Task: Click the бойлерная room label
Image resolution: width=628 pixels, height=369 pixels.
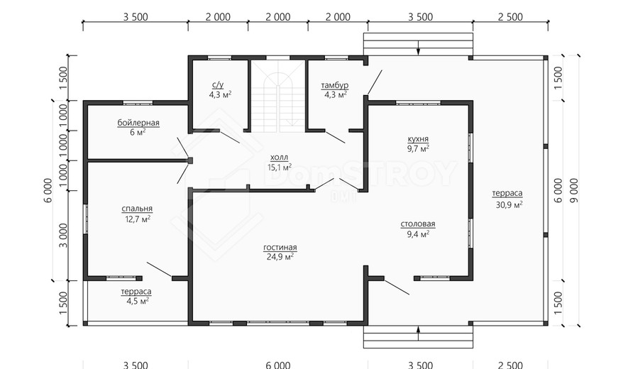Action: click(138, 123)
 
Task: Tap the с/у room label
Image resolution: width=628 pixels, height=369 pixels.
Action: click(218, 85)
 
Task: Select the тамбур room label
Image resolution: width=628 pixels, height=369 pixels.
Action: click(335, 85)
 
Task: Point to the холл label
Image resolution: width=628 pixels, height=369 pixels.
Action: click(279, 158)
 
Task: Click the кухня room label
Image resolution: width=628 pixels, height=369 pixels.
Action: click(418, 139)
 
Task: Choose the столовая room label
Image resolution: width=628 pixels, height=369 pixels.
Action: click(418, 224)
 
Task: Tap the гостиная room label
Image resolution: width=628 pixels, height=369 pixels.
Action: click(280, 247)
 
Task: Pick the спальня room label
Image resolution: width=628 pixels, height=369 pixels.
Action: click(137, 209)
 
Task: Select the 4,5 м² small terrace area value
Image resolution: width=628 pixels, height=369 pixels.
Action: click(138, 301)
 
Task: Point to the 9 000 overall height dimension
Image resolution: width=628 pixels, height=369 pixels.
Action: click(574, 190)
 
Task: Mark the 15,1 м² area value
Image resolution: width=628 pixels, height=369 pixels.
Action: click(279, 167)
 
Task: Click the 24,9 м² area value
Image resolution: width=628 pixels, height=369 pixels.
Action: click(280, 257)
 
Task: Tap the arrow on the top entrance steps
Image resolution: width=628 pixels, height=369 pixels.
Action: click(418, 48)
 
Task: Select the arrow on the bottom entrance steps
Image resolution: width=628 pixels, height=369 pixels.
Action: click(418, 334)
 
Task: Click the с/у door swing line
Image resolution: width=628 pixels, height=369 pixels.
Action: click(229, 137)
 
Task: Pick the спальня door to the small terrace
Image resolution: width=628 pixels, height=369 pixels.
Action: click(160, 269)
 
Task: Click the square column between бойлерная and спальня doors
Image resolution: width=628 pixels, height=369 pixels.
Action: click(190, 160)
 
